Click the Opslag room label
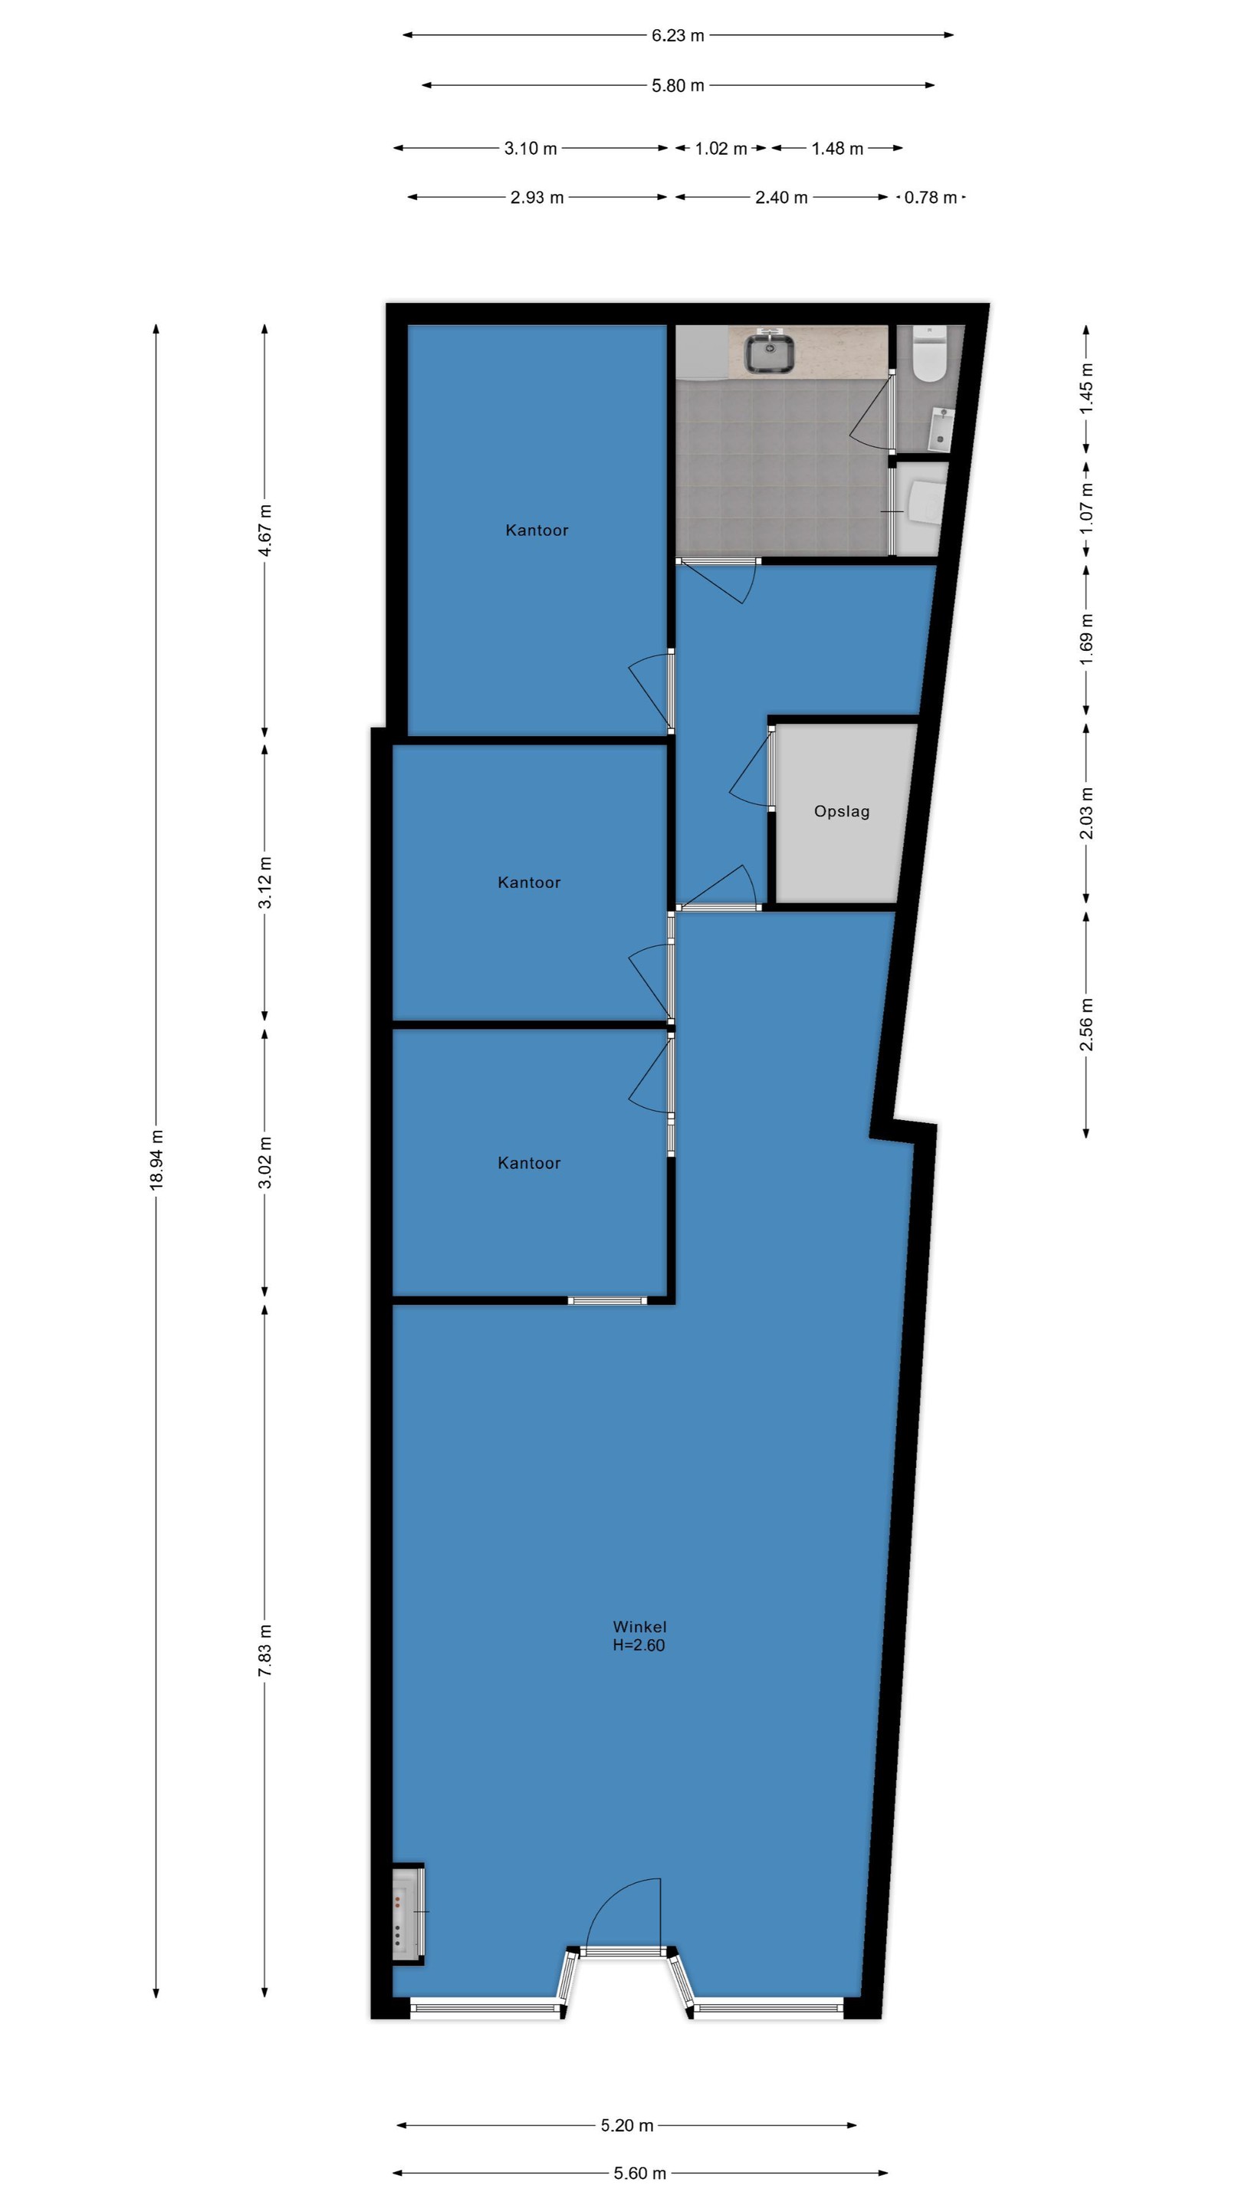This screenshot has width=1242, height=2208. tap(842, 812)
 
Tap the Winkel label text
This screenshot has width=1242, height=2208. tap(639, 1627)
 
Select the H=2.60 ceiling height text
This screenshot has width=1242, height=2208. tap(639, 1644)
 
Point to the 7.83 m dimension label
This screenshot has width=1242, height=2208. tap(264, 1651)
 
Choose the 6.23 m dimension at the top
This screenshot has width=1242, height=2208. tap(678, 36)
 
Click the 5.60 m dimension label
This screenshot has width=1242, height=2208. tap(639, 2173)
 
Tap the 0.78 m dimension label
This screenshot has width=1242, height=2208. tap(931, 198)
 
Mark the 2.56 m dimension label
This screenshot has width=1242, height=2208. tap(1086, 1024)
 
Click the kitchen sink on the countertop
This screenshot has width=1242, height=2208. tap(769, 353)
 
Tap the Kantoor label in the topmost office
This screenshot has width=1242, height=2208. tap(537, 531)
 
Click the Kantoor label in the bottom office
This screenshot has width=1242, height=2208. tap(529, 1163)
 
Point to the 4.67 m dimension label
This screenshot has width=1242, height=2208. tap(264, 531)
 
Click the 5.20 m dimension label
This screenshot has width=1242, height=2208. tap(626, 2125)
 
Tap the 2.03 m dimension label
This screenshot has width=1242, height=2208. tap(1086, 813)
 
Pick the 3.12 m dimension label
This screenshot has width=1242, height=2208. tap(264, 882)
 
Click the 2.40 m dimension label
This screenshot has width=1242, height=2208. tap(781, 198)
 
